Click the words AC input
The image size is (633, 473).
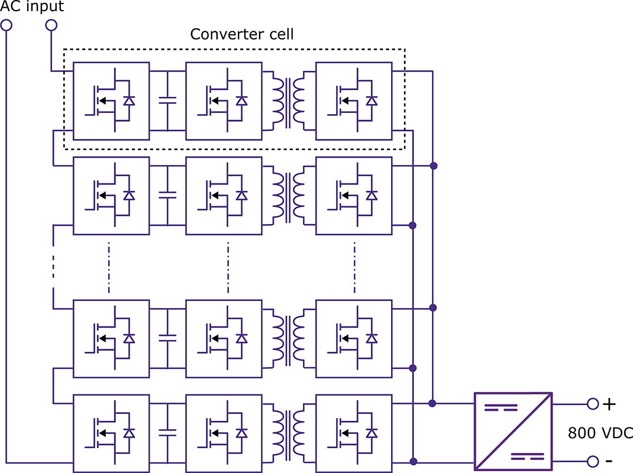[x=32, y=7]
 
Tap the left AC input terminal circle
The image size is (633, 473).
[x=7, y=25]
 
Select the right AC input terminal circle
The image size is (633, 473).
[x=51, y=25]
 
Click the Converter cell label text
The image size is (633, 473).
[x=241, y=34]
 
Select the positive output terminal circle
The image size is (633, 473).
[x=593, y=404]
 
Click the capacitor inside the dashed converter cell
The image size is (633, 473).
[x=168, y=101]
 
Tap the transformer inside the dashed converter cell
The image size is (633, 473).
[x=288, y=101]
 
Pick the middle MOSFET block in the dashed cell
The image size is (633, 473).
[x=224, y=101]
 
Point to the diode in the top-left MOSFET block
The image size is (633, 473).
[x=129, y=101]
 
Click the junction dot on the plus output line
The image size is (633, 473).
[x=433, y=404]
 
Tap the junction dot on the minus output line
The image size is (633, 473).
[x=413, y=461]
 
